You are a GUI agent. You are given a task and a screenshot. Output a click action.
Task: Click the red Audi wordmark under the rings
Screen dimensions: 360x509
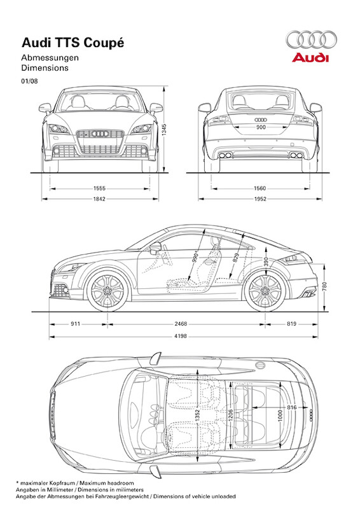310,57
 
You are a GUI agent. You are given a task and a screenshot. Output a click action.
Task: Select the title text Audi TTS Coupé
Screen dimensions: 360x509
73,43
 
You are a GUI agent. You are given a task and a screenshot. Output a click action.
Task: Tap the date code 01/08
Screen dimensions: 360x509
29,81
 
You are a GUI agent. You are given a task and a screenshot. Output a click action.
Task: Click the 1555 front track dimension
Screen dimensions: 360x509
99,188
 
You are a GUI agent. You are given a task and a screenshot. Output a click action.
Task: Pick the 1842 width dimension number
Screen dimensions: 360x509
99,199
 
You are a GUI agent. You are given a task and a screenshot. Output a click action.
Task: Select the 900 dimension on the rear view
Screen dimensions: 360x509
261,127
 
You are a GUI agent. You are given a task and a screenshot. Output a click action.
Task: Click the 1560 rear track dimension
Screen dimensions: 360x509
260,188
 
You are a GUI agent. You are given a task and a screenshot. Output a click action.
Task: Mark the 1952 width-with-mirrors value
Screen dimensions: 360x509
260,199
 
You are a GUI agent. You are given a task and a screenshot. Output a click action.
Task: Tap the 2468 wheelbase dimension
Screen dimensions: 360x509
181,324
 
